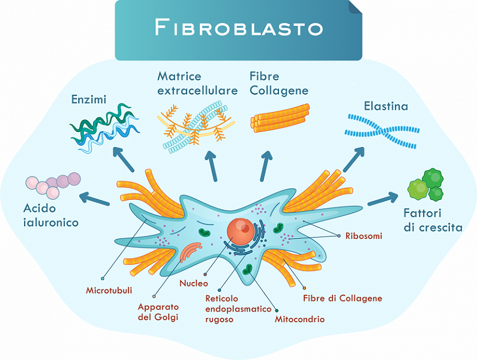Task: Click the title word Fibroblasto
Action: [x=239, y=27]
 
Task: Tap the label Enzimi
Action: [x=89, y=99]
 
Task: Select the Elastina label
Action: [x=386, y=106]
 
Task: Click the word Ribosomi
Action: [x=364, y=236]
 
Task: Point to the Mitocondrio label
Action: [x=299, y=319]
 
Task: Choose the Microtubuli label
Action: [x=109, y=290]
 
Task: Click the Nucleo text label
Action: [x=193, y=283]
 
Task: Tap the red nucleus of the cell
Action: [x=241, y=231]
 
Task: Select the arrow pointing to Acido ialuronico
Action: [x=94, y=199]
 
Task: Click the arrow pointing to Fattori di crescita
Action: [x=383, y=199]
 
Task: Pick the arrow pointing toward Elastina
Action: [x=354, y=160]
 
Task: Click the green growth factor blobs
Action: [x=425, y=185]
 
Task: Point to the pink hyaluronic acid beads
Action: [x=53, y=185]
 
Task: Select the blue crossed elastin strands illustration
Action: [x=382, y=131]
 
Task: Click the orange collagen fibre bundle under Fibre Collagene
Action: [x=280, y=118]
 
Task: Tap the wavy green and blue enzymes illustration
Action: [x=104, y=128]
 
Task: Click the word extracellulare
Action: [x=197, y=91]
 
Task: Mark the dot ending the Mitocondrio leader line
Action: [x=277, y=311]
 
